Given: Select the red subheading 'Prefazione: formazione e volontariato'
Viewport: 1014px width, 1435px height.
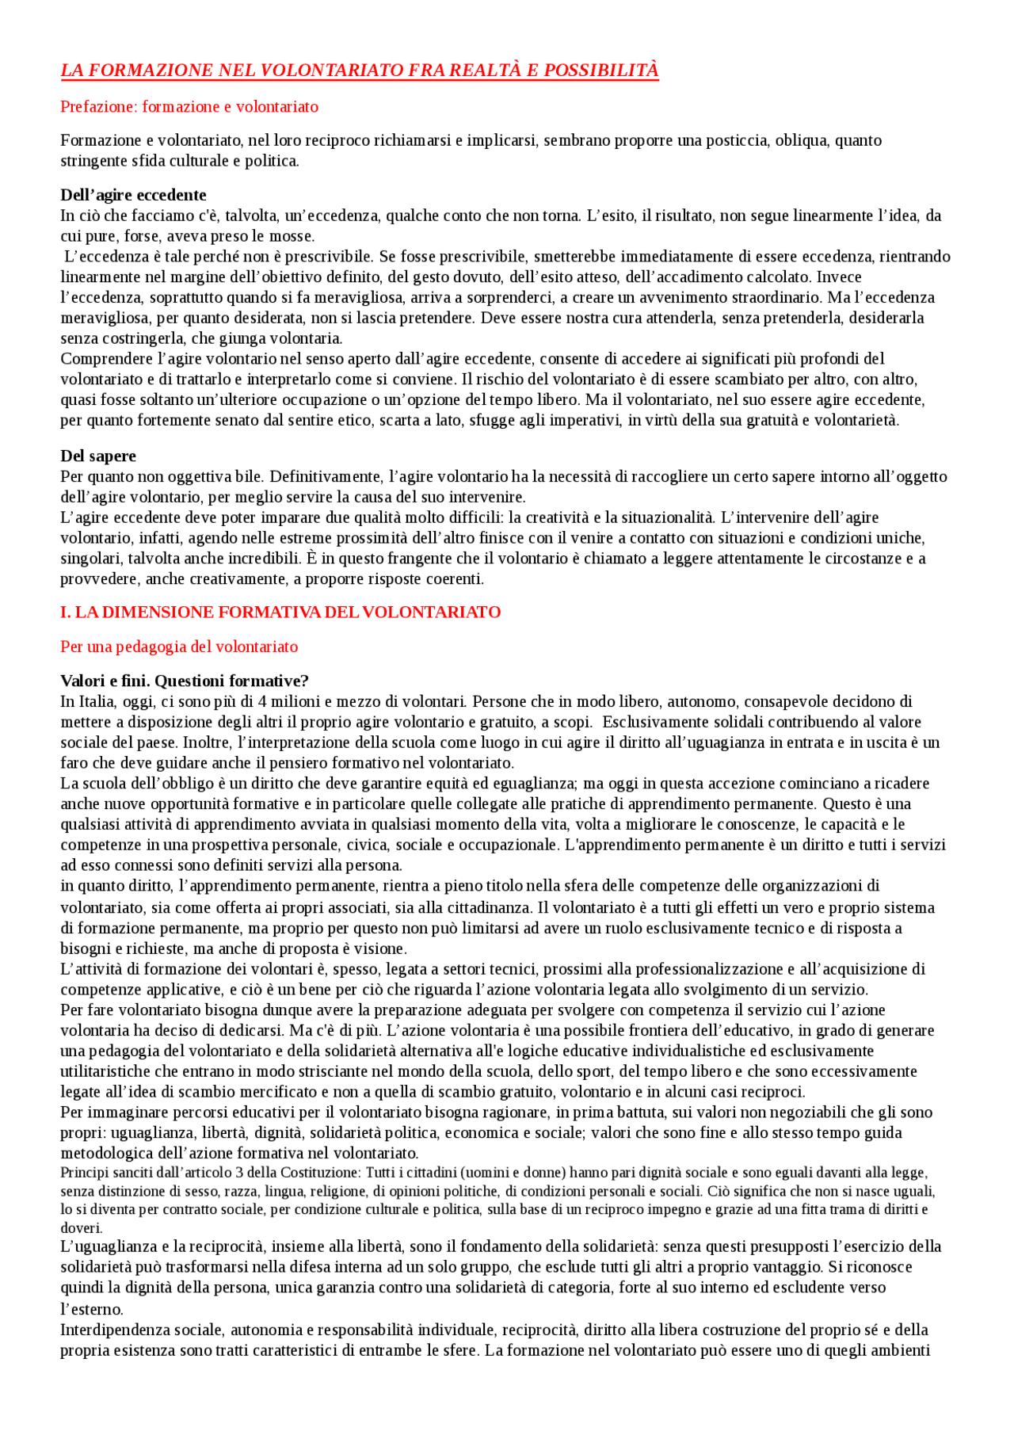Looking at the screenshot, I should (189, 107).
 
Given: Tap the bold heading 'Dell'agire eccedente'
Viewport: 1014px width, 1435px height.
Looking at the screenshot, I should (133, 195).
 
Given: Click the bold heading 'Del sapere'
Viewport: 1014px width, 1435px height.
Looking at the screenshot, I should (98, 456).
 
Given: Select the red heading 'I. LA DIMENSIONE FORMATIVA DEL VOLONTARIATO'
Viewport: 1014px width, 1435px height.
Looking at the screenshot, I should (280, 613).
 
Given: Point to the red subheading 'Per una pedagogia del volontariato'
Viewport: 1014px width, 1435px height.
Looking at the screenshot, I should (179, 647).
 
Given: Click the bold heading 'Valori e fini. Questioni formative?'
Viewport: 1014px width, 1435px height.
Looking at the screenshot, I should (185, 681).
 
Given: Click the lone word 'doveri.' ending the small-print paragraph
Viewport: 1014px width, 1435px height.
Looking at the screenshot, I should (81, 1228).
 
